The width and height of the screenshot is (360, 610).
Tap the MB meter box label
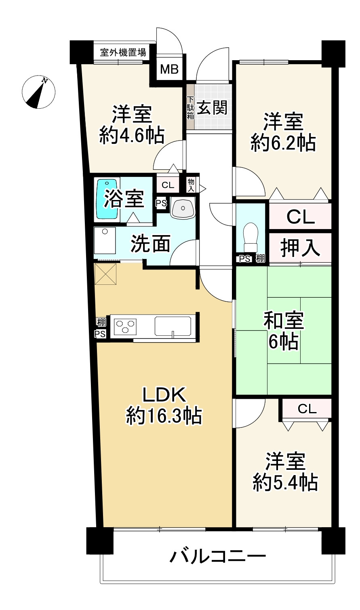169,69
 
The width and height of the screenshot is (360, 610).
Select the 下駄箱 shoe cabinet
190,108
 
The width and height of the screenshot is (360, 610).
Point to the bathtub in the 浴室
107,199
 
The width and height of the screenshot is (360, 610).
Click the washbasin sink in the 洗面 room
183,208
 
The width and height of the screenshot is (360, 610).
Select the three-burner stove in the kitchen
126,326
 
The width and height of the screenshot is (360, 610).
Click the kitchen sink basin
173,326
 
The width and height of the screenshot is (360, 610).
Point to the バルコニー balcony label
218,558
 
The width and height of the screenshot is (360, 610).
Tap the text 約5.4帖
285,482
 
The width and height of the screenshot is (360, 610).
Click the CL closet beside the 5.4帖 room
307,409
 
